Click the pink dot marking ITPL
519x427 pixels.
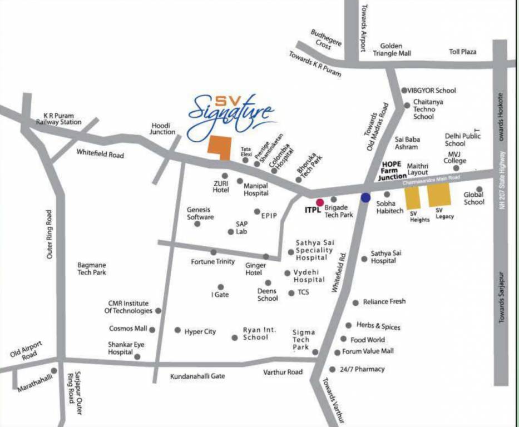tap(320, 202)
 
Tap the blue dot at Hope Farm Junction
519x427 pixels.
tap(365, 197)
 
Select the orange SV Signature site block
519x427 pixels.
tap(219, 147)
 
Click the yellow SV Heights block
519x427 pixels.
tap(412, 198)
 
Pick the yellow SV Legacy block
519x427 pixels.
tap(438, 195)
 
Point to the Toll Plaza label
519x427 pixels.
tap(463, 52)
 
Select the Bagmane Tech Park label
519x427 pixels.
tap(92, 269)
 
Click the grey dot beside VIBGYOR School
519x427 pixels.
tap(404, 90)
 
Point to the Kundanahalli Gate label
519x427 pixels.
tap(197, 376)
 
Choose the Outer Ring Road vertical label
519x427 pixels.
tap(50, 234)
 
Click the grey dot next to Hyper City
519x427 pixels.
tap(177, 330)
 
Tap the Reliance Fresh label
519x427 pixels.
tap(384, 302)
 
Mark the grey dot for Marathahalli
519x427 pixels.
tap(54, 370)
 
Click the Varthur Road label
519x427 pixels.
tap(283, 372)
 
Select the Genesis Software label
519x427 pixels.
tap(200, 213)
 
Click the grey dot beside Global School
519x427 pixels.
tap(479, 190)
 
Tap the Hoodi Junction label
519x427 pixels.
tap(164, 129)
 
